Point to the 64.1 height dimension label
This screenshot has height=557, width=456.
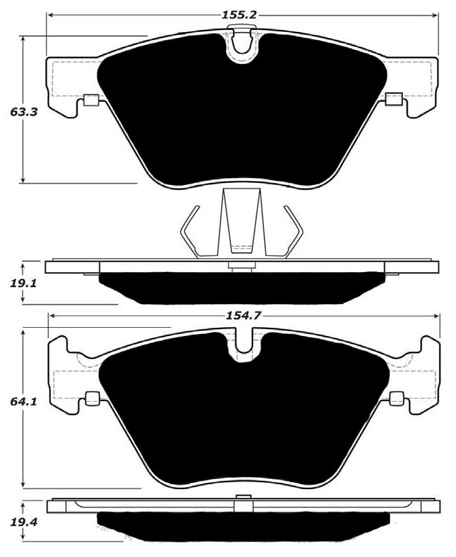click(22, 401)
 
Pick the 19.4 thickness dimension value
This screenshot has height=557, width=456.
click(22, 523)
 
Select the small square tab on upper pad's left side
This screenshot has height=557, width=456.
click(89, 102)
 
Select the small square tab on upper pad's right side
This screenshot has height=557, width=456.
click(393, 100)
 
